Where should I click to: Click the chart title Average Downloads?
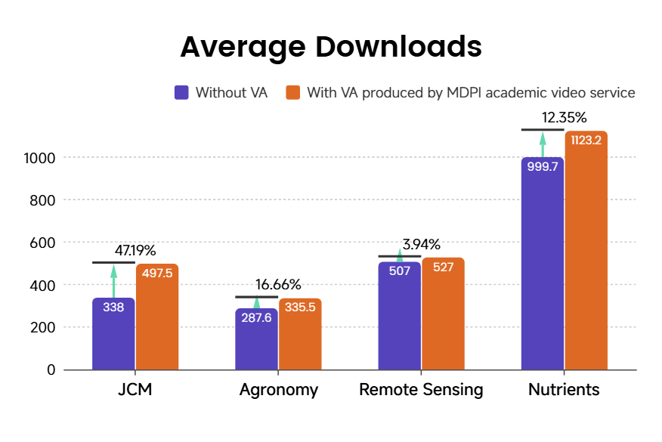(x=331, y=47)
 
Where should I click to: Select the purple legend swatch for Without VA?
(x=181, y=93)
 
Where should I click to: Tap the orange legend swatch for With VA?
(x=293, y=93)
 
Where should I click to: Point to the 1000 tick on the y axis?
(x=39, y=158)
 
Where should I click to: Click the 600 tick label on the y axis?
(x=42, y=243)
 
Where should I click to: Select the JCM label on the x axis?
(x=135, y=390)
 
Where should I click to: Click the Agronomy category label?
(x=279, y=390)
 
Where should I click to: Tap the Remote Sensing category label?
(x=421, y=390)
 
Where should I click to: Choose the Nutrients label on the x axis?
(x=564, y=390)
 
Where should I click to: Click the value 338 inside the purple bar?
(x=113, y=308)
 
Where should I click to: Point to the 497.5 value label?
(x=157, y=274)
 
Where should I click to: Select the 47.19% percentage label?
(x=135, y=250)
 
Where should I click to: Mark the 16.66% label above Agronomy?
(x=278, y=285)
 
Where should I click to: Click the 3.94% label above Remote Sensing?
(x=422, y=244)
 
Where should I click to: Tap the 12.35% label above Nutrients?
(x=565, y=117)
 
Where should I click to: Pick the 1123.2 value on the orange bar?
(x=586, y=140)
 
